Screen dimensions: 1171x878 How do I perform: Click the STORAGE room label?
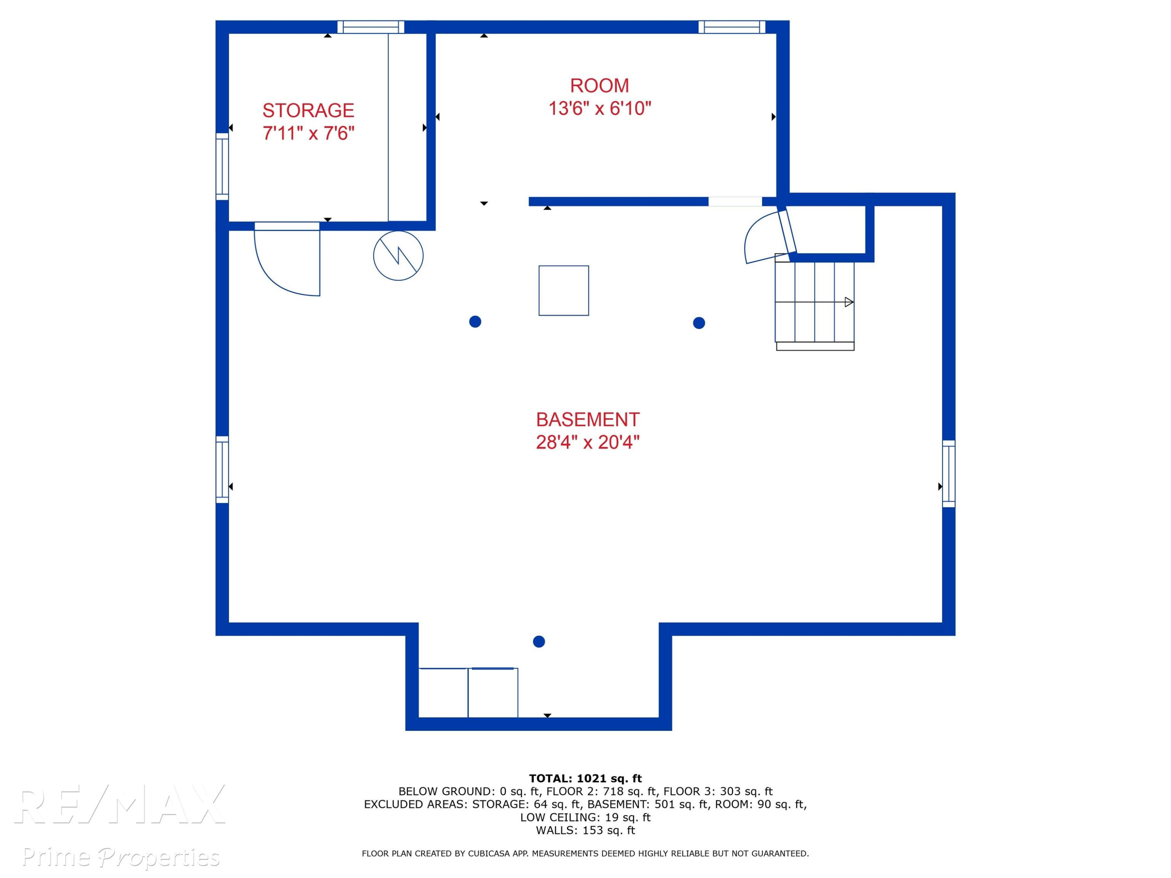(x=308, y=110)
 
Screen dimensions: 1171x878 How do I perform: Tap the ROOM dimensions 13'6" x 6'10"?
(x=599, y=108)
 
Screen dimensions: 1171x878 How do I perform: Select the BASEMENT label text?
(x=587, y=419)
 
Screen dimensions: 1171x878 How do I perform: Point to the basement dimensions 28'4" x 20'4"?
(x=587, y=442)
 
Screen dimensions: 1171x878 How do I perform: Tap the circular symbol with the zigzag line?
(x=398, y=256)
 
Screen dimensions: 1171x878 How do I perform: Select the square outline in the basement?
(x=564, y=291)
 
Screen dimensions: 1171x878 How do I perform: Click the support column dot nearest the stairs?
(x=699, y=323)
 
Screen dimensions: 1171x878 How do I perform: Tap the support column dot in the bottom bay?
(x=539, y=642)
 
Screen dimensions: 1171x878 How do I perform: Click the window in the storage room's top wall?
(x=370, y=27)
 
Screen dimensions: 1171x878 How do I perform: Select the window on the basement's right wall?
(x=949, y=474)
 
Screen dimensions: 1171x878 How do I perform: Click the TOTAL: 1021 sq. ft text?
(x=585, y=778)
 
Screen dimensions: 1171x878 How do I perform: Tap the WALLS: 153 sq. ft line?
(x=585, y=830)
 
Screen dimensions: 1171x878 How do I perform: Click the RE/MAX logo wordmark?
(x=120, y=804)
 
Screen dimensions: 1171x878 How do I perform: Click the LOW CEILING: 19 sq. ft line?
(x=585, y=817)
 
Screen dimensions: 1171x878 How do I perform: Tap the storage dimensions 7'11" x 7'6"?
(x=308, y=133)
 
